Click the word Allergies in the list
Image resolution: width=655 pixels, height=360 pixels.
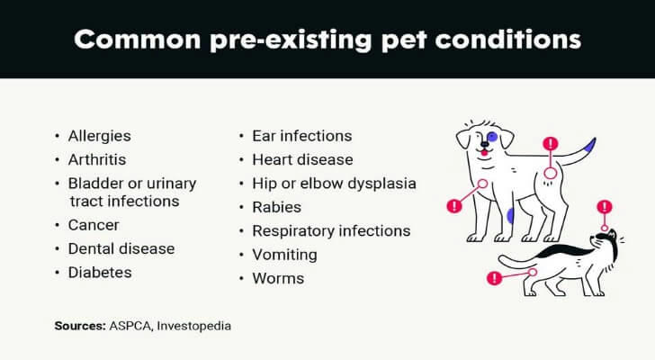coord(99,136)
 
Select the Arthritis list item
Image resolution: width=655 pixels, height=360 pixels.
coord(97,159)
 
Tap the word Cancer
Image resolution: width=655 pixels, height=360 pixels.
coord(94,225)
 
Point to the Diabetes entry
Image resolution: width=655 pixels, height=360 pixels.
coord(100,273)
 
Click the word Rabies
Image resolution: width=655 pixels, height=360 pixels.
coord(276,207)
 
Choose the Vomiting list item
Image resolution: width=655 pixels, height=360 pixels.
coord(284,255)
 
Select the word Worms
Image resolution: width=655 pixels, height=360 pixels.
coord(278,279)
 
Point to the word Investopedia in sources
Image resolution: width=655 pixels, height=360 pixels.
coord(193,326)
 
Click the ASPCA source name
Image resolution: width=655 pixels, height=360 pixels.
coord(130,326)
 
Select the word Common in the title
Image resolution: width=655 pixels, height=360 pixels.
coord(138,40)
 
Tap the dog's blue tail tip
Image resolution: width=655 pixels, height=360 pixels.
coord(590,145)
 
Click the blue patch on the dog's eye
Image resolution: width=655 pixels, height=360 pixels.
coord(492,137)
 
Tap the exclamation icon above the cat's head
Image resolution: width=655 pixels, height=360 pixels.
coord(605,207)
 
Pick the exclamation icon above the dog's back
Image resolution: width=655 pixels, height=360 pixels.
coord(551,144)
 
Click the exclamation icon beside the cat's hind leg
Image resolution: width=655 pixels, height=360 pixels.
coord(494,278)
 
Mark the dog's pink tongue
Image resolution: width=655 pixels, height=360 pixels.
coord(484,153)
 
